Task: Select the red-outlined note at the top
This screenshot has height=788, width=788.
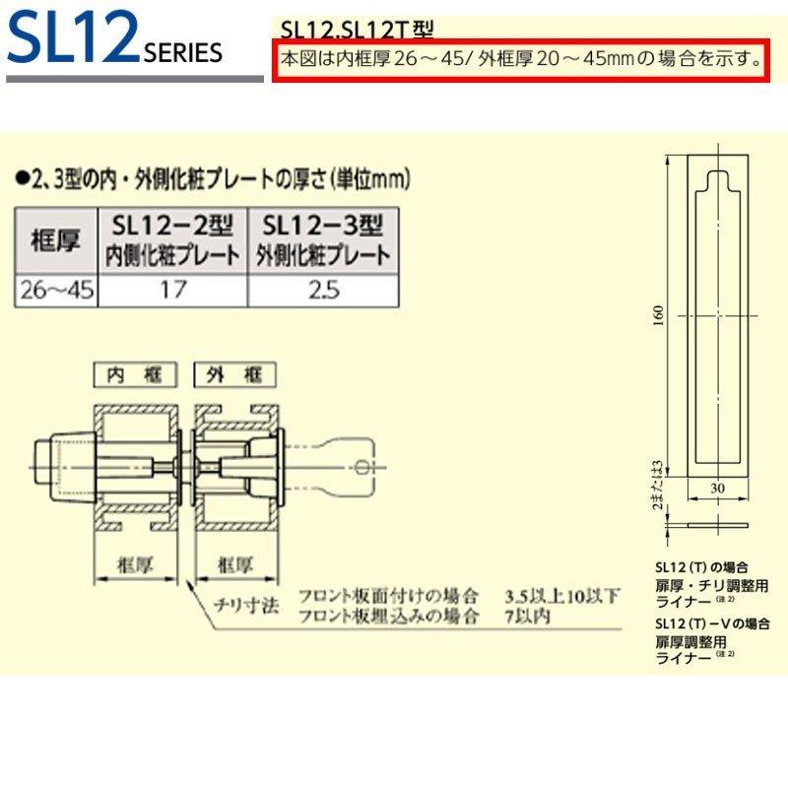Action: point(520,58)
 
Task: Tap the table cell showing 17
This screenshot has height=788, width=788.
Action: point(174,290)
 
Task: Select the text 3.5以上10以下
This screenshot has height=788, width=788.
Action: point(562,597)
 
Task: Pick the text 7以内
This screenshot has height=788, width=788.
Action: point(527,618)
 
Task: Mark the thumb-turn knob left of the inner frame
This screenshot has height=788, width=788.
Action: point(59,458)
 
